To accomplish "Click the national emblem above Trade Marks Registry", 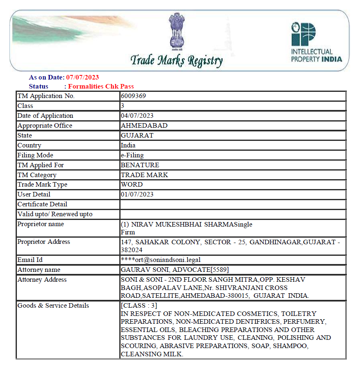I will tap(177, 31).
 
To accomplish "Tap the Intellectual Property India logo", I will tap(316, 42).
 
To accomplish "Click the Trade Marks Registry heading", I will tap(177, 61).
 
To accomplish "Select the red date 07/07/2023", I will tap(83, 77).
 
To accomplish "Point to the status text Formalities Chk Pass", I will tap(101, 86).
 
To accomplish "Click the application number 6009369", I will tap(133, 96).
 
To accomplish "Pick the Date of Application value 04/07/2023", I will tap(137, 116).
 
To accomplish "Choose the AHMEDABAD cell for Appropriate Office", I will tap(144, 126).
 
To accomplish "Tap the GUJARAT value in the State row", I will tap(137, 136).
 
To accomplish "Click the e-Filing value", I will tap(132, 155).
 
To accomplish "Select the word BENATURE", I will tap(140, 165).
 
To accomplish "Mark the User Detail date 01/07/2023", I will tap(137, 194).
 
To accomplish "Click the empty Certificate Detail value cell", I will tap(232, 204).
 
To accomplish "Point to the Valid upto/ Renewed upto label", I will tap(55, 214).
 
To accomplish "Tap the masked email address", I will tap(161, 260).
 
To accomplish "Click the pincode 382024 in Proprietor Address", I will tap(132, 250).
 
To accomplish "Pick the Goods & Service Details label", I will tap(53, 306).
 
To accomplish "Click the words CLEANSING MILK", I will tap(151, 354).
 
